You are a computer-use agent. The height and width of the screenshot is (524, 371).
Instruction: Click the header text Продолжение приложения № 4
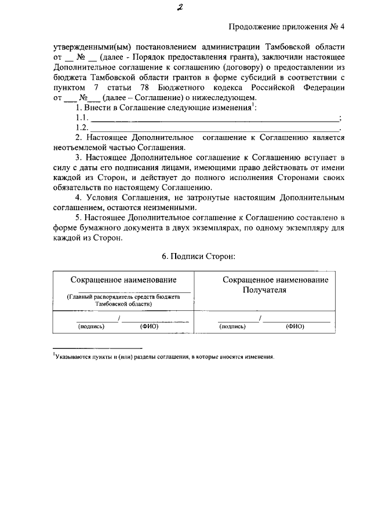click(x=287, y=25)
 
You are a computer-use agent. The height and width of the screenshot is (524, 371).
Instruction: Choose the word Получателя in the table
click(x=265, y=290)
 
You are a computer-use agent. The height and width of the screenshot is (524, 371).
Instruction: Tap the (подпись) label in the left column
click(x=90, y=327)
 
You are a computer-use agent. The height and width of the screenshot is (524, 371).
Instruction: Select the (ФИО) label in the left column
click(x=149, y=327)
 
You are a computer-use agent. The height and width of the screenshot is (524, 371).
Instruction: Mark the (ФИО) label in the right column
click(x=294, y=327)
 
